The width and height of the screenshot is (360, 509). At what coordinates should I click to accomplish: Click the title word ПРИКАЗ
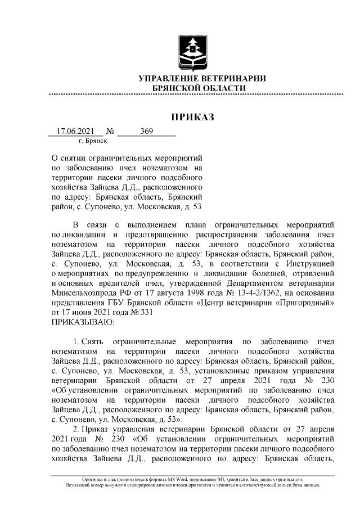pyautogui.click(x=193, y=117)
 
